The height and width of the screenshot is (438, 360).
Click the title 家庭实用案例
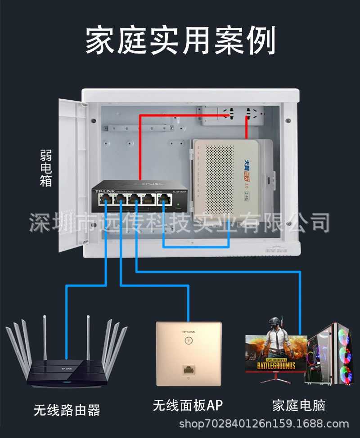180,40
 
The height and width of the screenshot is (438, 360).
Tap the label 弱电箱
45,169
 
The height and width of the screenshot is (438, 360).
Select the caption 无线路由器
67,410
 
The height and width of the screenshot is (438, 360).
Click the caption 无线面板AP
188,406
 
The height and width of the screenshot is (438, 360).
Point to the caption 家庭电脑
298,406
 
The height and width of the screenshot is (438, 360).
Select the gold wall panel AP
189,353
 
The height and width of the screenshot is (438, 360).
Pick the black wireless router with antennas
66,360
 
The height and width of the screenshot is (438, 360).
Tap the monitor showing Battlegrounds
276,355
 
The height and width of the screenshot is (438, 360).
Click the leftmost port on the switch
104,200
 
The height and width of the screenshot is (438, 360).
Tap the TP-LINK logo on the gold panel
188,331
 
